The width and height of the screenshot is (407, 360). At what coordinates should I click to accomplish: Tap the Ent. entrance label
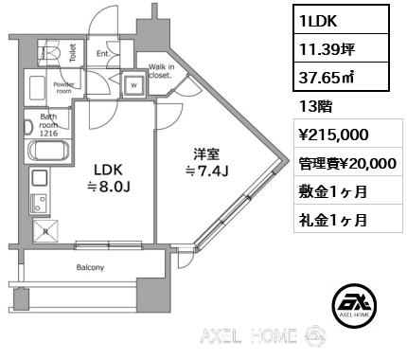coord(103,53)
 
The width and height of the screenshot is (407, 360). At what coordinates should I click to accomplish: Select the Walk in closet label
coord(161,70)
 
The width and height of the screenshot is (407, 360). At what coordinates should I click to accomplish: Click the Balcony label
coord(90,267)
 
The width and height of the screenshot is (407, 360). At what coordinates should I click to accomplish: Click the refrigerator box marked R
coord(44,228)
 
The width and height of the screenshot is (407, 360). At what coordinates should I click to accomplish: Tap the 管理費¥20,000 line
coord(345,163)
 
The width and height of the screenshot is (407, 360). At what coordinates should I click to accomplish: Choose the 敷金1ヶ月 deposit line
coord(330,191)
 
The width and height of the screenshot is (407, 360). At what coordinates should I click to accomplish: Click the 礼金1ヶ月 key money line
coord(330,220)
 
